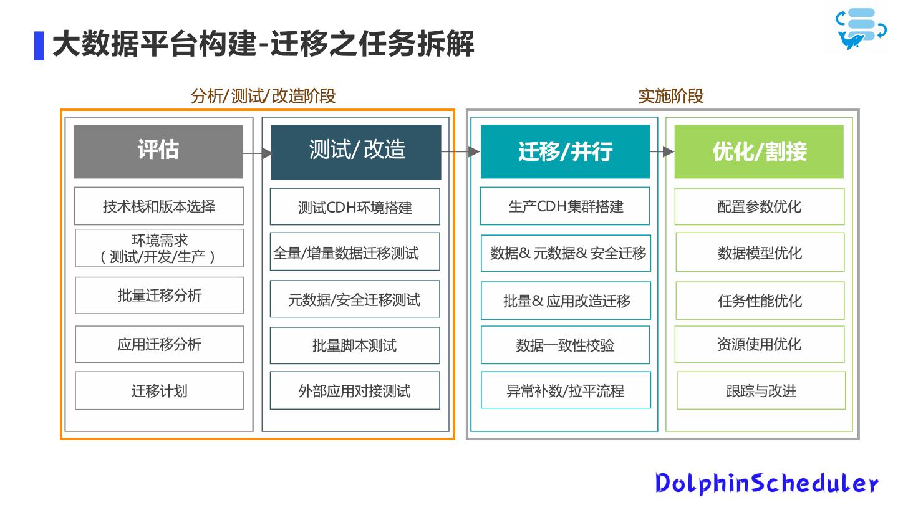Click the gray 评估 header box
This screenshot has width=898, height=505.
click(158, 151)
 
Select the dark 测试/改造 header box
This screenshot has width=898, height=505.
click(356, 151)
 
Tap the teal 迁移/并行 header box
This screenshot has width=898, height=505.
click(565, 151)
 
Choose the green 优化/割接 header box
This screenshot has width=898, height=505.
click(759, 151)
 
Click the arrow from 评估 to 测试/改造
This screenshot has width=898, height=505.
click(257, 153)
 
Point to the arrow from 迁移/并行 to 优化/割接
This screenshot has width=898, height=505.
click(662, 151)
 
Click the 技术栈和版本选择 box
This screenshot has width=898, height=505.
click(159, 206)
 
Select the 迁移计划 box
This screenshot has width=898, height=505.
click(159, 391)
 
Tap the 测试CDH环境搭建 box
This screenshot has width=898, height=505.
click(355, 207)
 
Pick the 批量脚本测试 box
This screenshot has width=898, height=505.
click(355, 345)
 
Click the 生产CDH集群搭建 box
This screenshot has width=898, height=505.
click(565, 206)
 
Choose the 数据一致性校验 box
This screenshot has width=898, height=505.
click(565, 345)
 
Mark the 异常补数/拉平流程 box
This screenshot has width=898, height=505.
click(565, 391)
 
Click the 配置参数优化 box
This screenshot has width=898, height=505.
click(760, 206)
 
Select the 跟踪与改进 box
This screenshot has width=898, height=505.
click(761, 391)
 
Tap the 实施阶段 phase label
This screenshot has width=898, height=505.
click(671, 96)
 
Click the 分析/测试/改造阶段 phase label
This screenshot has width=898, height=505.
click(263, 96)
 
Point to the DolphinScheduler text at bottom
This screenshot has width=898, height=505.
click(767, 483)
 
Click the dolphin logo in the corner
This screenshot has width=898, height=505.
click(861, 29)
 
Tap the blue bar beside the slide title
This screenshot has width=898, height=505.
click(39, 46)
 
